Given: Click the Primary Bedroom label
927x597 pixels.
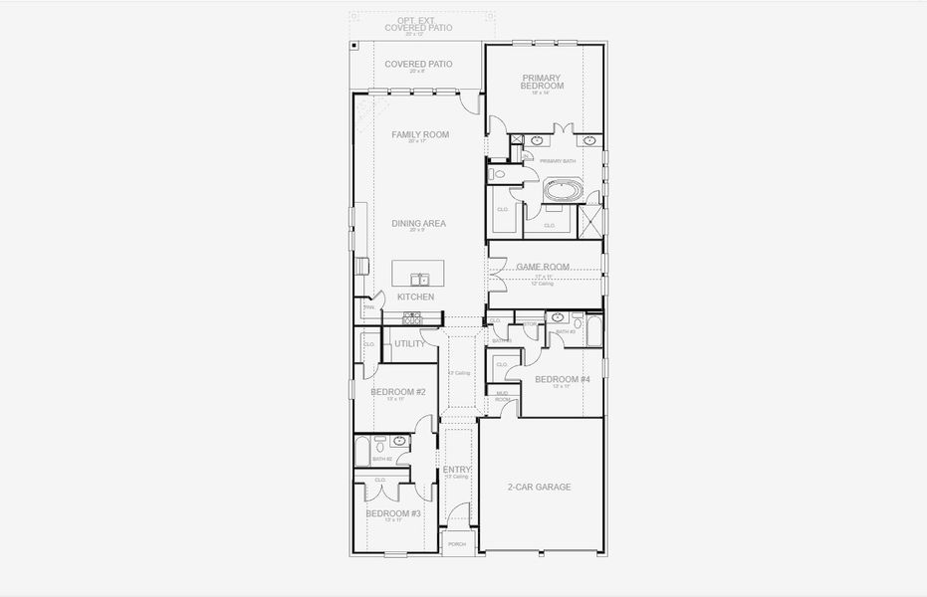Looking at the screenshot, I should click(542, 83).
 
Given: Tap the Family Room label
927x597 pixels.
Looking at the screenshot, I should click(419, 135).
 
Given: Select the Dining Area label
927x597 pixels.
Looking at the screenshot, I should click(418, 224).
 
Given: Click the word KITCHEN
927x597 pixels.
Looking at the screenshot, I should click(415, 297).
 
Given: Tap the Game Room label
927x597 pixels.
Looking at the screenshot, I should click(543, 267).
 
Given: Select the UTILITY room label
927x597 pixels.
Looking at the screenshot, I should click(409, 344).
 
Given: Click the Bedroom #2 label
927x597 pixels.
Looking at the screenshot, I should click(398, 392).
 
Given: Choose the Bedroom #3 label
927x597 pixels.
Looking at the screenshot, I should click(392, 513).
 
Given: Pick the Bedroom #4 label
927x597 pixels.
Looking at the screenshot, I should click(563, 379).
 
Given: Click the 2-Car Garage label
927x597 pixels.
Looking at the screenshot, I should click(540, 487).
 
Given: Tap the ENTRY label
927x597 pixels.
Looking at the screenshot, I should click(457, 470).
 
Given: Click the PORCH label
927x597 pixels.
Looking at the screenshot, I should click(457, 544).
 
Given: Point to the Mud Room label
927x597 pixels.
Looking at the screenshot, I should click(503, 396).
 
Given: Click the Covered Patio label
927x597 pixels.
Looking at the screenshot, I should click(418, 64).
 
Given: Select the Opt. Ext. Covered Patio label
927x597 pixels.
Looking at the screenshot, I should click(418, 25).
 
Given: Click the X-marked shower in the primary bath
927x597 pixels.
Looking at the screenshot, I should click(591, 218).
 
